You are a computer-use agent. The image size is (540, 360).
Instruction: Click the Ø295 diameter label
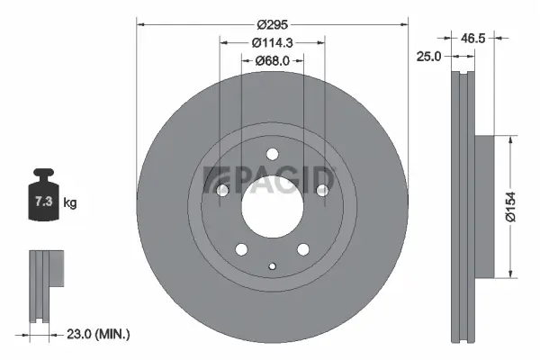tap(273, 25)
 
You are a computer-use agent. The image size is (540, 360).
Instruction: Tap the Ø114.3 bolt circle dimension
tap(273, 43)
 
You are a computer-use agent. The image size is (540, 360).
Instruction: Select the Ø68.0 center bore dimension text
tap(273, 61)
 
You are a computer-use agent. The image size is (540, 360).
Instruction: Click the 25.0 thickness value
tap(427, 56)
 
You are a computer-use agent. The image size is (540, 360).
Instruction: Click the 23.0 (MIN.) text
tap(99, 334)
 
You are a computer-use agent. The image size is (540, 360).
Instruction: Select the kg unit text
tap(70, 203)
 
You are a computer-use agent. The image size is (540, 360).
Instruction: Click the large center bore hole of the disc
tap(272, 205)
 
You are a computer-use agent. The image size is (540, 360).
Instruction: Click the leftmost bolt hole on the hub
tap(222, 190)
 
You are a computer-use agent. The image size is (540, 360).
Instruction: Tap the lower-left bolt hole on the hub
tap(241, 248)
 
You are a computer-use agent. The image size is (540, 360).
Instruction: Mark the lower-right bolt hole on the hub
tap(303, 248)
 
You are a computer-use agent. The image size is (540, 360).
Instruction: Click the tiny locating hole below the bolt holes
tap(273, 265)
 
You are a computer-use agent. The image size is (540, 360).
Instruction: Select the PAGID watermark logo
tap(270, 180)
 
